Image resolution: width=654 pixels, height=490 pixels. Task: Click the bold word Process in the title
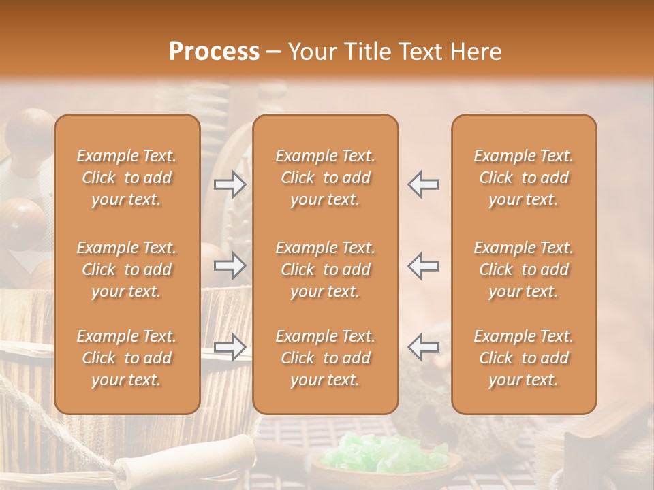click(214, 52)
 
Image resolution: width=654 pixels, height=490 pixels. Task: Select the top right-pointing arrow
click(230, 184)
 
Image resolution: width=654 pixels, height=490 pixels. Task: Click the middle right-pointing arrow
click(230, 265)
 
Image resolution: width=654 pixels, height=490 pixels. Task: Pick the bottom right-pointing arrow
click(230, 346)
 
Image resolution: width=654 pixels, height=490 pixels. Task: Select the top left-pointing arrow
click(424, 184)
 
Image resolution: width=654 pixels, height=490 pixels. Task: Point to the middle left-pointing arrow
click(424, 265)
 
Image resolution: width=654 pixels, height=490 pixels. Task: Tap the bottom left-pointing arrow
click(424, 346)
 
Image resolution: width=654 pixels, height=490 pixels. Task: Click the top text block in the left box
click(127, 178)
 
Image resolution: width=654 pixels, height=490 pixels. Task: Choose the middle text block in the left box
click(127, 269)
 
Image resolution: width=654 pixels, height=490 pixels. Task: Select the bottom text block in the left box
click(127, 358)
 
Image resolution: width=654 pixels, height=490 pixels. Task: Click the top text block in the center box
click(326, 178)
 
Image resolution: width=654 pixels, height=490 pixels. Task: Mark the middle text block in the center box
click(326, 269)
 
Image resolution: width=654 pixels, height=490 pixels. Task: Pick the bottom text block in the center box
click(326, 358)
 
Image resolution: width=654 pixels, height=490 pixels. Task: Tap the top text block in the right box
click(524, 178)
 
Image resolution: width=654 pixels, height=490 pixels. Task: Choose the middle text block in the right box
click(524, 269)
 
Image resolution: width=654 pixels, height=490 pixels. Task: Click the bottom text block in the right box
click(524, 358)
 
